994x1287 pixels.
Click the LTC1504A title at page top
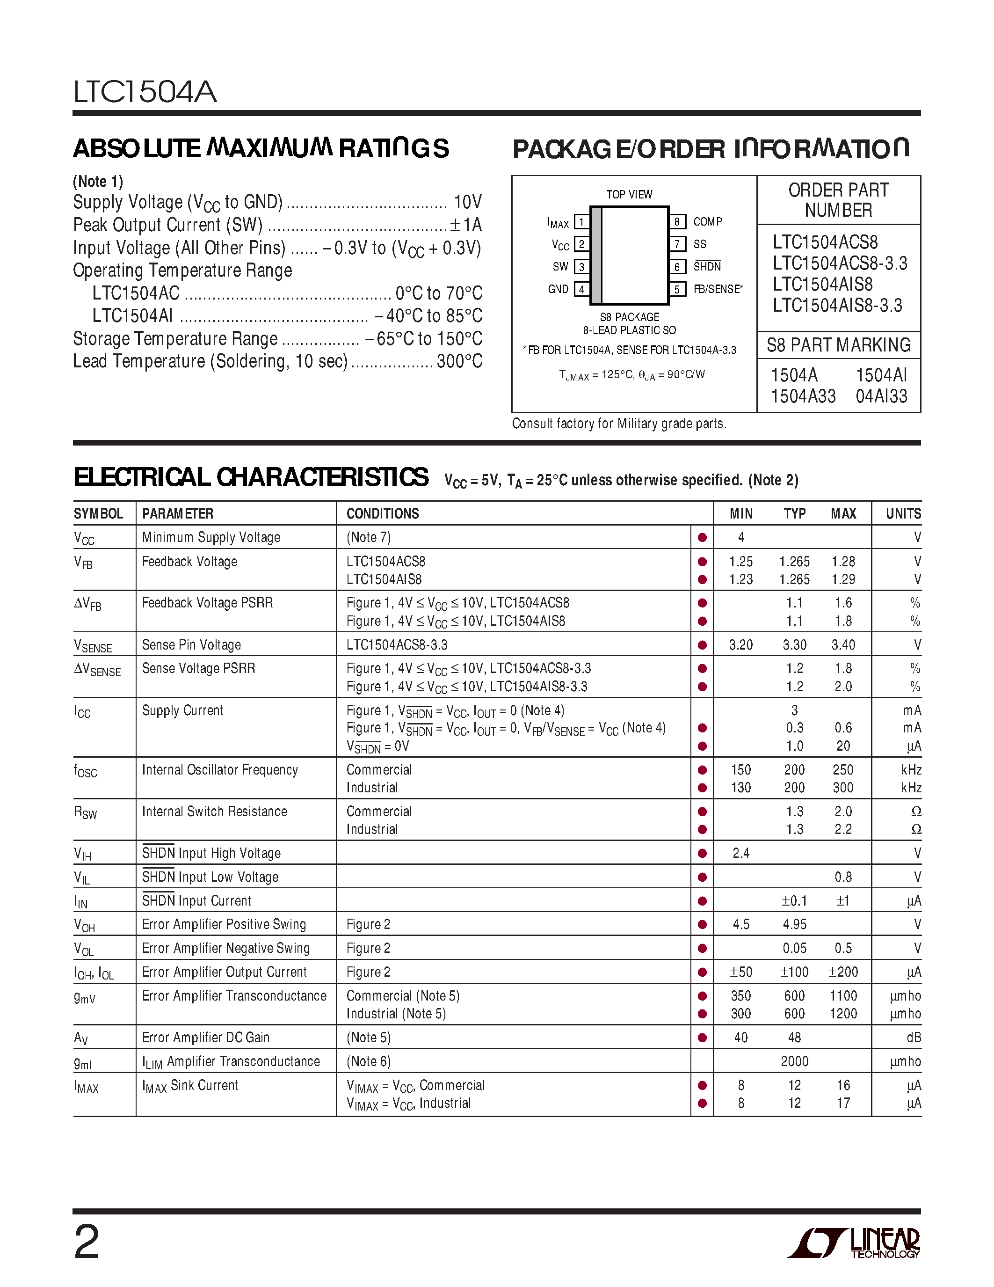point(145,92)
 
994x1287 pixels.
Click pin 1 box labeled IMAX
point(581,222)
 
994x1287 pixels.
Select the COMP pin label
point(707,221)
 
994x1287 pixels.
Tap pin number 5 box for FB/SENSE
point(677,289)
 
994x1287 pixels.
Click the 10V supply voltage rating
point(468,202)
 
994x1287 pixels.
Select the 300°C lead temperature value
point(459,361)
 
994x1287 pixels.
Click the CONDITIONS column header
point(383,514)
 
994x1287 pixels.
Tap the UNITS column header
point(903,514)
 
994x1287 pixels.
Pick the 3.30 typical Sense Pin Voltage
point(794,645)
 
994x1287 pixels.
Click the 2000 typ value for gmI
point(794,1061)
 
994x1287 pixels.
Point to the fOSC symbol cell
point(86,771)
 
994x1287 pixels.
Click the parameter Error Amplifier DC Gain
point(205,1037)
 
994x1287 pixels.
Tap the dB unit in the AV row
point(914,1037)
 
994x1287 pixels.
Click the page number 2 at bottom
point(87,1242)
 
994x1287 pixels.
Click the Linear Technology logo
point(853,1243)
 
